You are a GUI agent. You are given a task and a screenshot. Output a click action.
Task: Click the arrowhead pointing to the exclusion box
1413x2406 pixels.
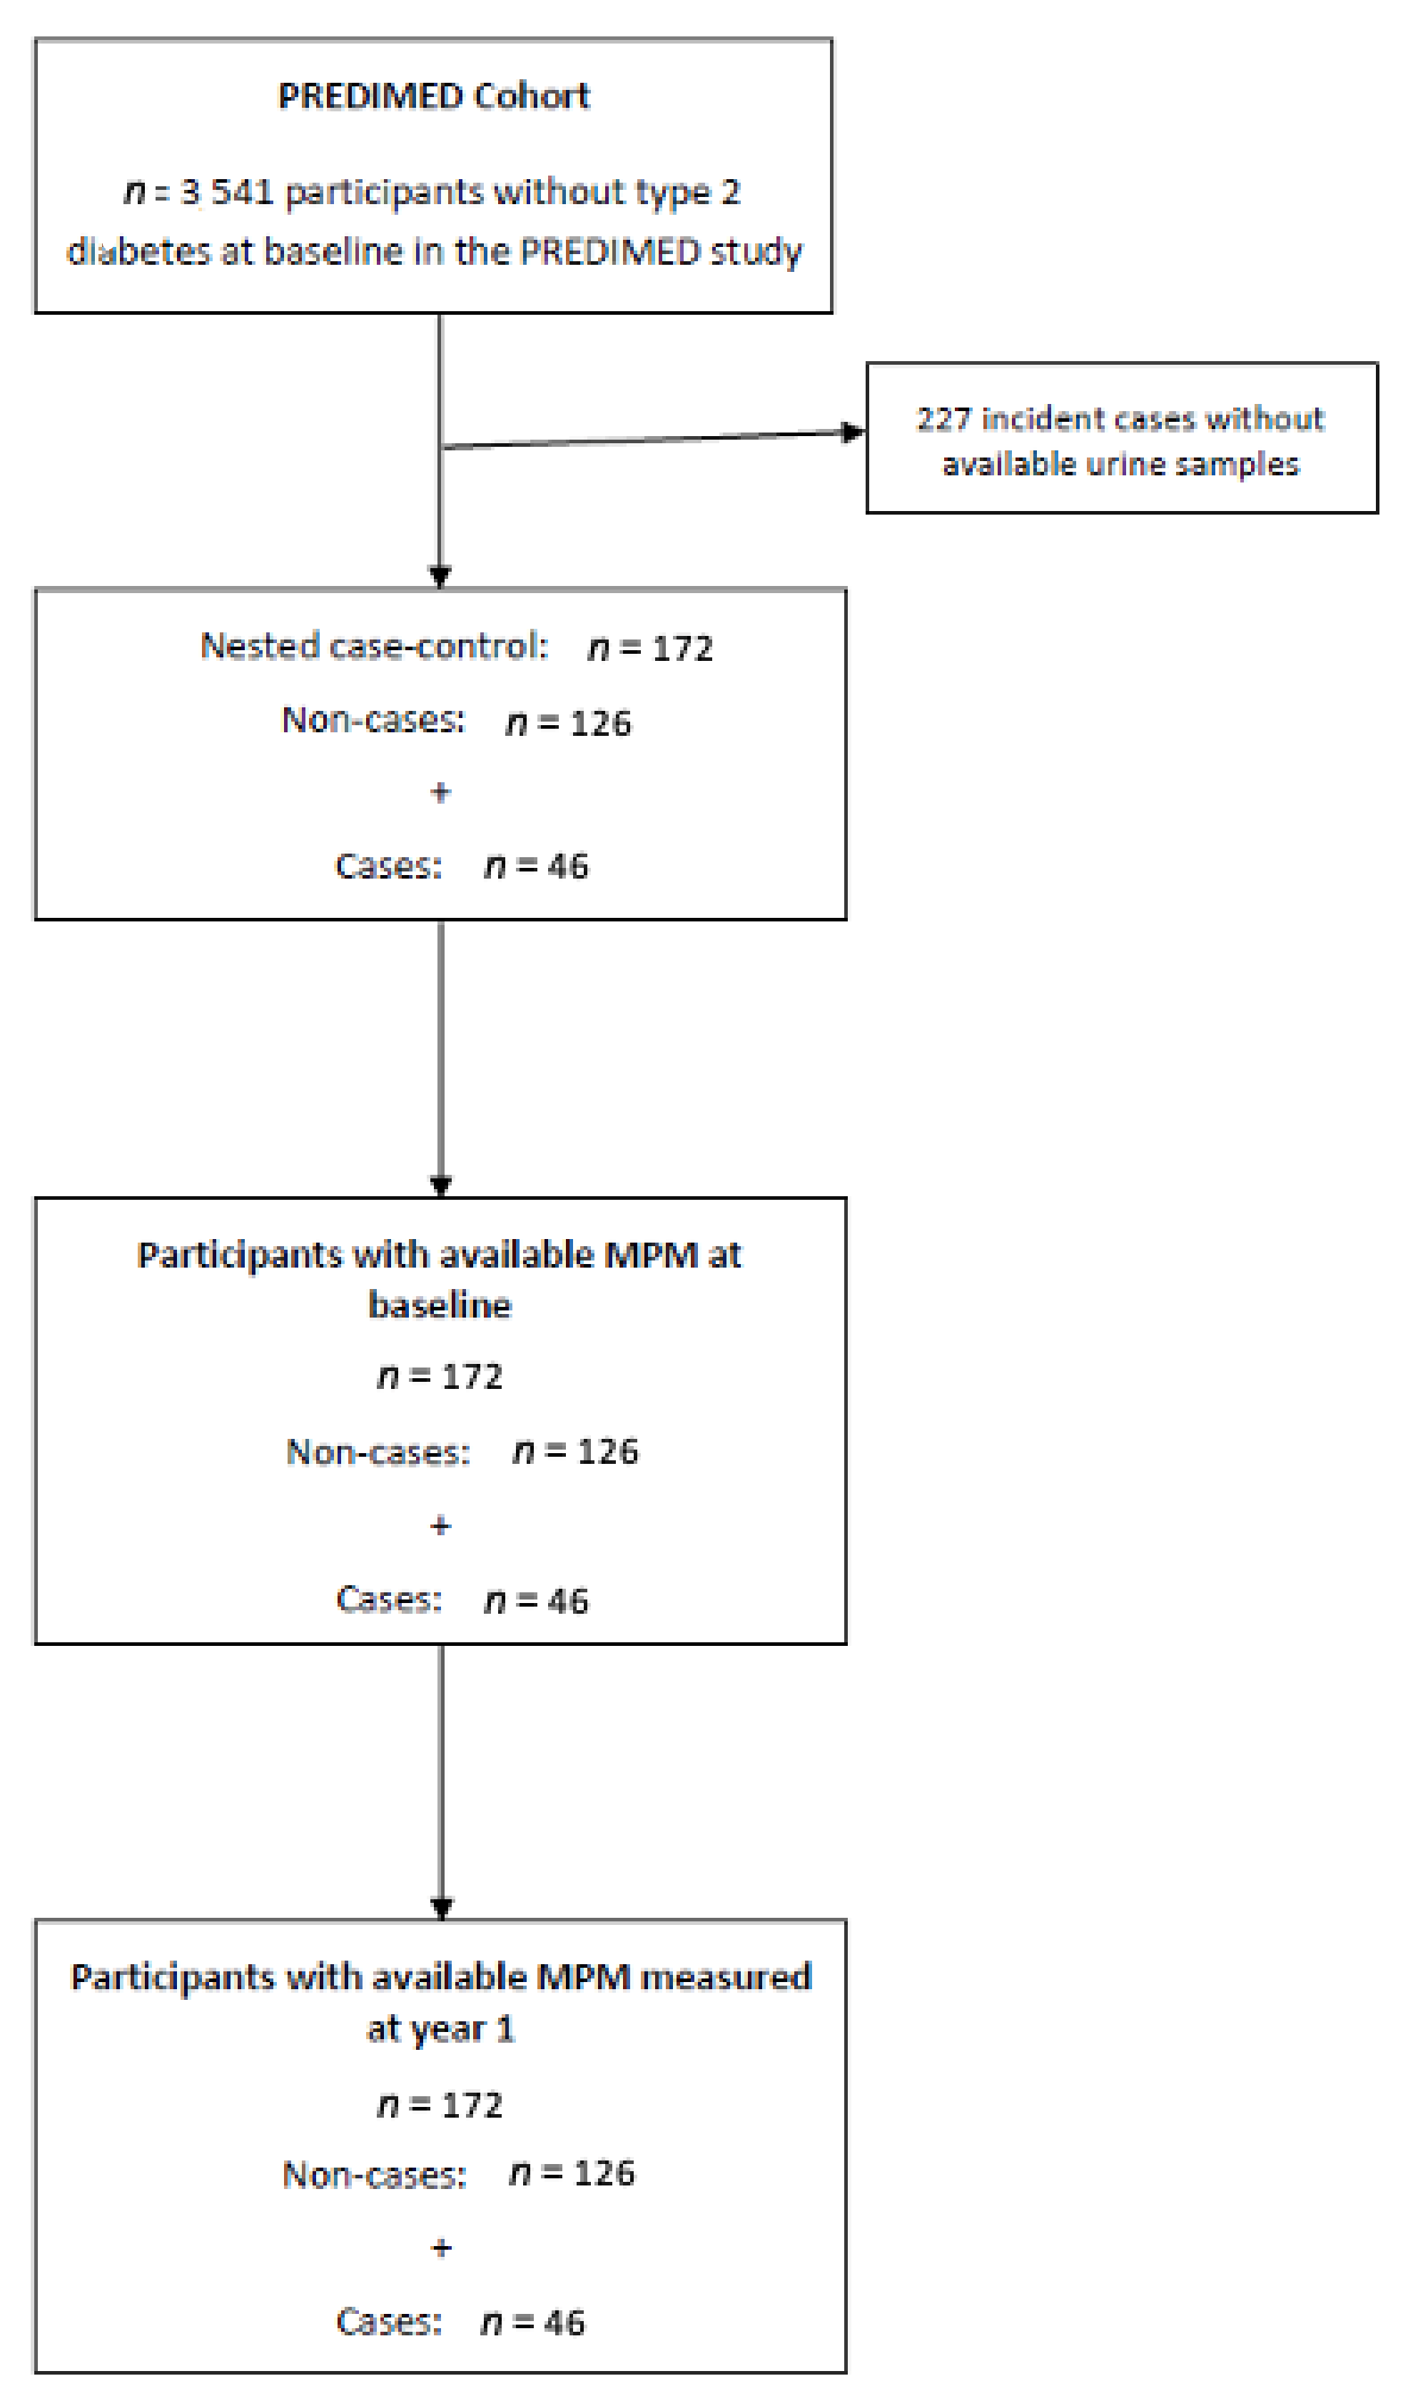[x=853, y=433]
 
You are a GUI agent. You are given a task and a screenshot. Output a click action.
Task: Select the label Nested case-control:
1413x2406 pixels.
[x=373, y=647]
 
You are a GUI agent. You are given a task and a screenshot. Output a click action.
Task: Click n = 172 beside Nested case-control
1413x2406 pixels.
[x=650, y=648]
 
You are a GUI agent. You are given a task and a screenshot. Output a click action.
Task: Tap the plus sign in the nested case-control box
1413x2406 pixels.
[x=440, y=792]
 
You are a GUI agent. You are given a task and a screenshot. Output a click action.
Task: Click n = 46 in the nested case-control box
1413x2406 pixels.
[x=537, y=866]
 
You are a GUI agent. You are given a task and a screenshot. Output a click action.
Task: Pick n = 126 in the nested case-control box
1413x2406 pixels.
[x=569, y=723]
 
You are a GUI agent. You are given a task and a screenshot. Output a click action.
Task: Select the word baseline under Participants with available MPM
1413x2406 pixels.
[x=440, y=1305]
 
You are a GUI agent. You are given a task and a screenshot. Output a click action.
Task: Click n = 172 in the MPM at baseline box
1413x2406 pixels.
[x=440, y=1377]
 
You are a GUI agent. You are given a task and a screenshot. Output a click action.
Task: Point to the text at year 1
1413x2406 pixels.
[x=440, y=2029]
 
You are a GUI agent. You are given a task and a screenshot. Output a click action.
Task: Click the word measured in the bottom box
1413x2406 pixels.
[x=726, y=1977]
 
